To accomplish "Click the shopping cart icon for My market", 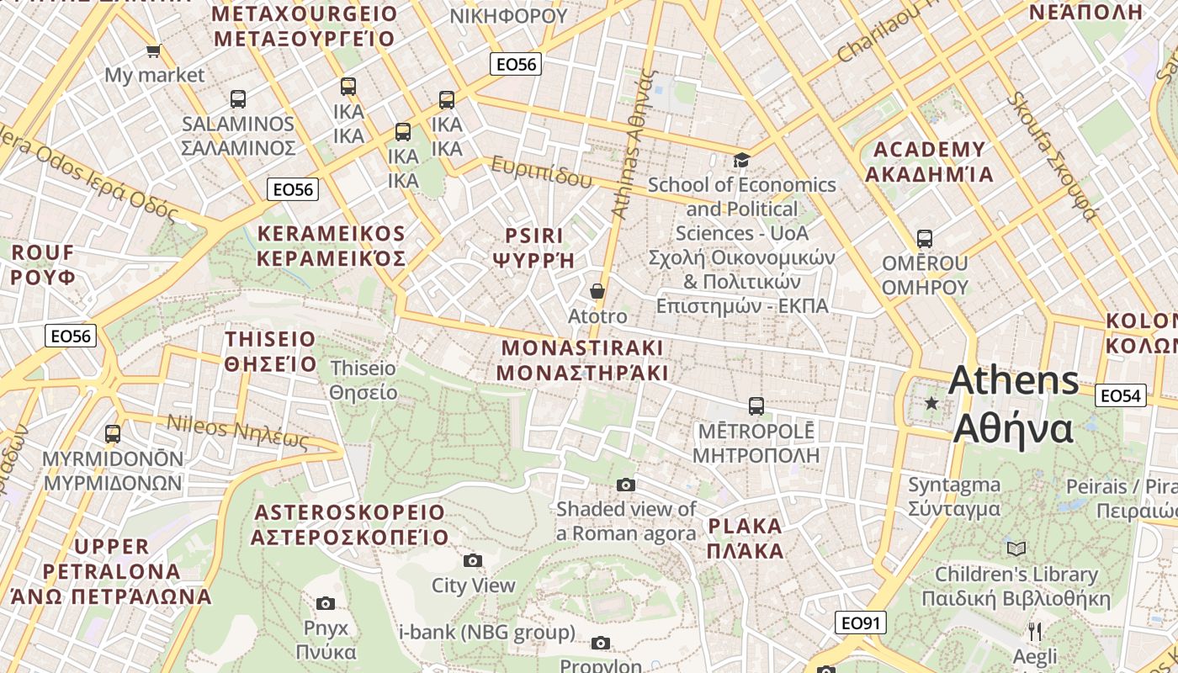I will [153, 51].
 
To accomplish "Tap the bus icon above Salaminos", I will [238, 99].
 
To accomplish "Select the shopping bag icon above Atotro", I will [597, 292].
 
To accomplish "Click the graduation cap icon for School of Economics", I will [741, 160].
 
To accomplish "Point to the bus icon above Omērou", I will [925, 239].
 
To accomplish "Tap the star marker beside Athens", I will [931, 404].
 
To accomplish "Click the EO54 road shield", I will [1121, 395].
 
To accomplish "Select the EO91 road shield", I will [861, 623].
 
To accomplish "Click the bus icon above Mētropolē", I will [756, 406].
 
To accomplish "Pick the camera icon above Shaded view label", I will [626, 485].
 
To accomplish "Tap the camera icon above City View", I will [473, 560].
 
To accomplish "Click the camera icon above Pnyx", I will [326, 603].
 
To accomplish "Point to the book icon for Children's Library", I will [1016, 549].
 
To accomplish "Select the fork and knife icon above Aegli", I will [1035, 632].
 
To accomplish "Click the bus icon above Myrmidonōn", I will [113, 434].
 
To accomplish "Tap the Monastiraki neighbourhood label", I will [582, 360].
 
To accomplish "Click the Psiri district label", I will [534, 247].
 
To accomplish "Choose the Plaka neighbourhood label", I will [746, 538].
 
